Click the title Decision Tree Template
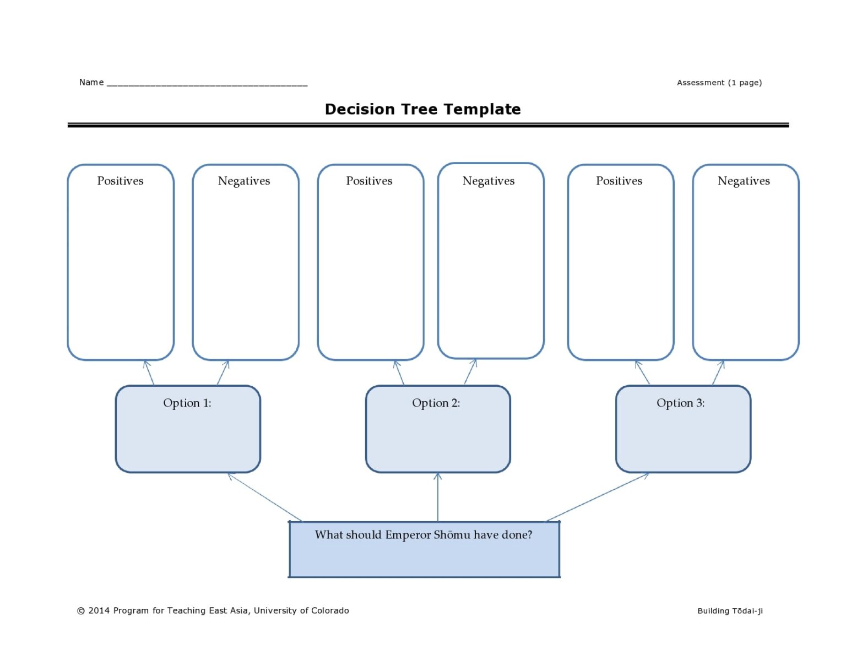point(422,109)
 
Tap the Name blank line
point(207,84)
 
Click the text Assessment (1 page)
point(719,83)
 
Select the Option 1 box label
point(187,403)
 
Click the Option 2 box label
point(436,403)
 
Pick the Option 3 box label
point(680,403)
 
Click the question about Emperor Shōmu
point(423,534)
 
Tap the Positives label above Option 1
point(120,181)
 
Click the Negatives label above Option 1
point(244,181)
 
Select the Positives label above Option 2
point(369,181)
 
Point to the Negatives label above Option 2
point(489,181)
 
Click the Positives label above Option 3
point(619,181)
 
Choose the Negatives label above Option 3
point(744,181)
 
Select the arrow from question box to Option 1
point(265,497)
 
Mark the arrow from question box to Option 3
point(598,497)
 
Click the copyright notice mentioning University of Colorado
point(213,610)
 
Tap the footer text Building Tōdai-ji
point(730,610)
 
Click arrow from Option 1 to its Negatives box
point(223,372)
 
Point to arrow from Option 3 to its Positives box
point(642,372)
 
